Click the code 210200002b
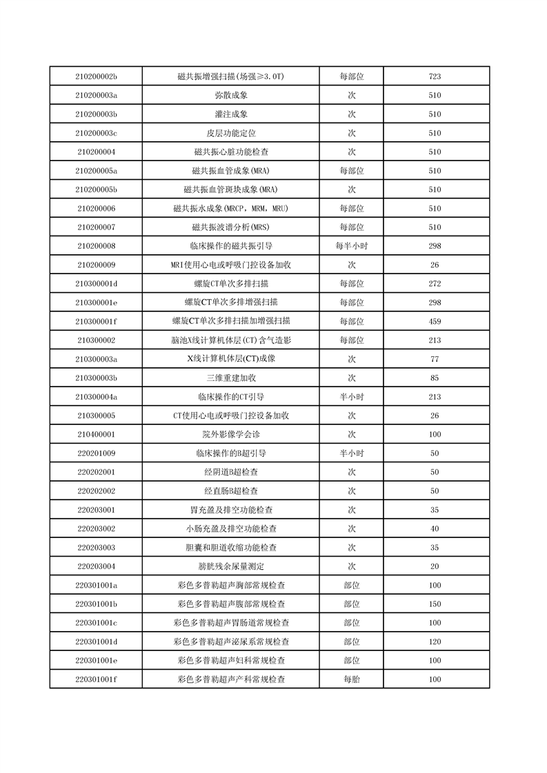pos(96,76)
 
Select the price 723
pos(435,76)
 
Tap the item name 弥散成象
pos(231,95)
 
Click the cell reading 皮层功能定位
pos(231,133)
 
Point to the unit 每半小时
pos(351,246)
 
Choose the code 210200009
pos(96,265)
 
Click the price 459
pos(435,321)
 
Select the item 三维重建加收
pos(231,378)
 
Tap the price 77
pos(435,359)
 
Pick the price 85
pos(435,378)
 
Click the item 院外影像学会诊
pos(231,435)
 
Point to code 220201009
pos(96,453)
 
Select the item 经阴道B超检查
pos(231,472)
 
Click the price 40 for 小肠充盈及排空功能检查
pos(435,528)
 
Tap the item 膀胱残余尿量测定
pos(231,566)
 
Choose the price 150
pos(435,604)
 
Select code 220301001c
pos(96,623)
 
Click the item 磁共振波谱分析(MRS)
pos(231,227)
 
